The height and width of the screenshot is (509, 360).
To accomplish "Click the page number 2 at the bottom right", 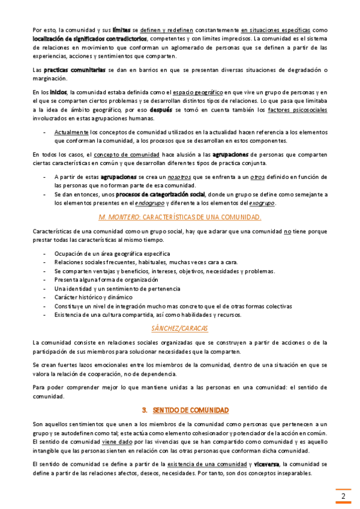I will point(343,496).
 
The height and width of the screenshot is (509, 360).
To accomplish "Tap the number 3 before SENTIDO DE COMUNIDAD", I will point(145,410).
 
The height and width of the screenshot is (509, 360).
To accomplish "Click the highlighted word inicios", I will point(58,92).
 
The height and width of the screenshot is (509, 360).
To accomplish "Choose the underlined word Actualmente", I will point(71,131).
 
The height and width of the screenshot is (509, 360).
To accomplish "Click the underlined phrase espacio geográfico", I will point(196,92).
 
